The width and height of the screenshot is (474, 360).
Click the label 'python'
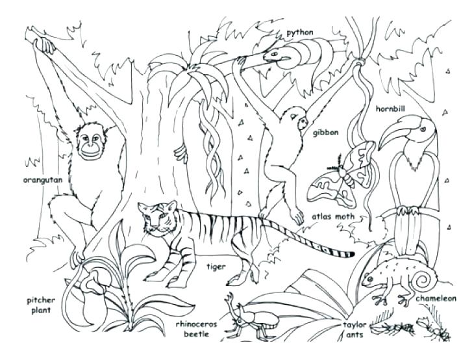(x=300, y=31)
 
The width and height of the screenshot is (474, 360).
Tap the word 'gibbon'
(x=326, y=133)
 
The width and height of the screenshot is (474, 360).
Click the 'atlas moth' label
(x=332, y=217)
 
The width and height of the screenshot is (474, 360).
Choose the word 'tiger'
(x=216, y=266)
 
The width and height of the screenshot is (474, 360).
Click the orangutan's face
(x=92, y=145)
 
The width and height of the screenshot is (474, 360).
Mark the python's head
(x=274, y=54)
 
